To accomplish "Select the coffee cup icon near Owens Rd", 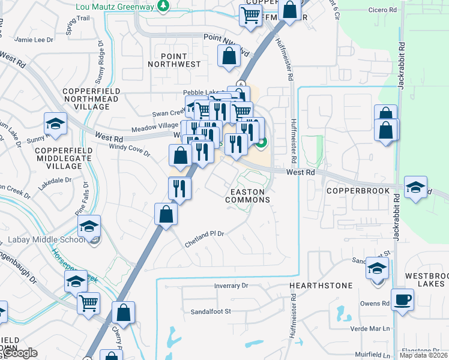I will click(402, 299).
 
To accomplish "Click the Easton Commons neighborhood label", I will click(247, 196).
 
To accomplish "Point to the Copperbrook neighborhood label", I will click(358, 191).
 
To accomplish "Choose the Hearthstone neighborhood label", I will click(321, 286).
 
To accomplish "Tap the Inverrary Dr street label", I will click(231, 286).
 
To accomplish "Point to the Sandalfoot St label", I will click(211, 312).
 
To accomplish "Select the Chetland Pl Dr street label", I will click(204, 234).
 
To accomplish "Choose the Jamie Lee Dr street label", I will click(34, 40).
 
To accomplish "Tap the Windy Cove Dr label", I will click(130, 149).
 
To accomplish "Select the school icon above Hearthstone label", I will click(377, 268).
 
